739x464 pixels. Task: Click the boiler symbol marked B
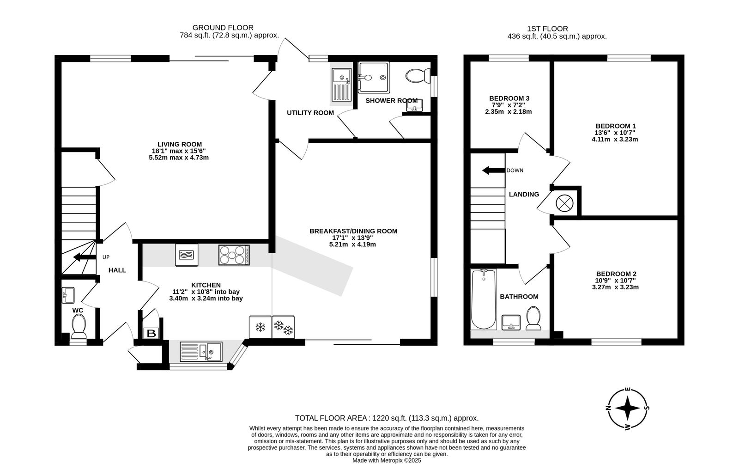point(151,333)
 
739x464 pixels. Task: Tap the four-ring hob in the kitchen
point(234,255)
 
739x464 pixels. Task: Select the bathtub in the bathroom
point(484,299)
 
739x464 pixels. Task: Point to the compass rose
point(628,409)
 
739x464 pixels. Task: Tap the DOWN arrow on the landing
point(494,171)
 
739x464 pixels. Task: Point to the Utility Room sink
point(341,85)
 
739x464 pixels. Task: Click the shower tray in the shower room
point(374,78)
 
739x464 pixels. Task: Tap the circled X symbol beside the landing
point(564,203)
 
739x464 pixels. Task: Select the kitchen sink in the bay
point(201,351)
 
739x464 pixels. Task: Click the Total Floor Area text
point(387,418)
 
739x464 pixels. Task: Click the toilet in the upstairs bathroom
point(533,318)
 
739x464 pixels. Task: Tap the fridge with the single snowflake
point(260,327)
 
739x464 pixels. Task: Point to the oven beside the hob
point(187,255)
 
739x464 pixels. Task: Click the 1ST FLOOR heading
point(547,29)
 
